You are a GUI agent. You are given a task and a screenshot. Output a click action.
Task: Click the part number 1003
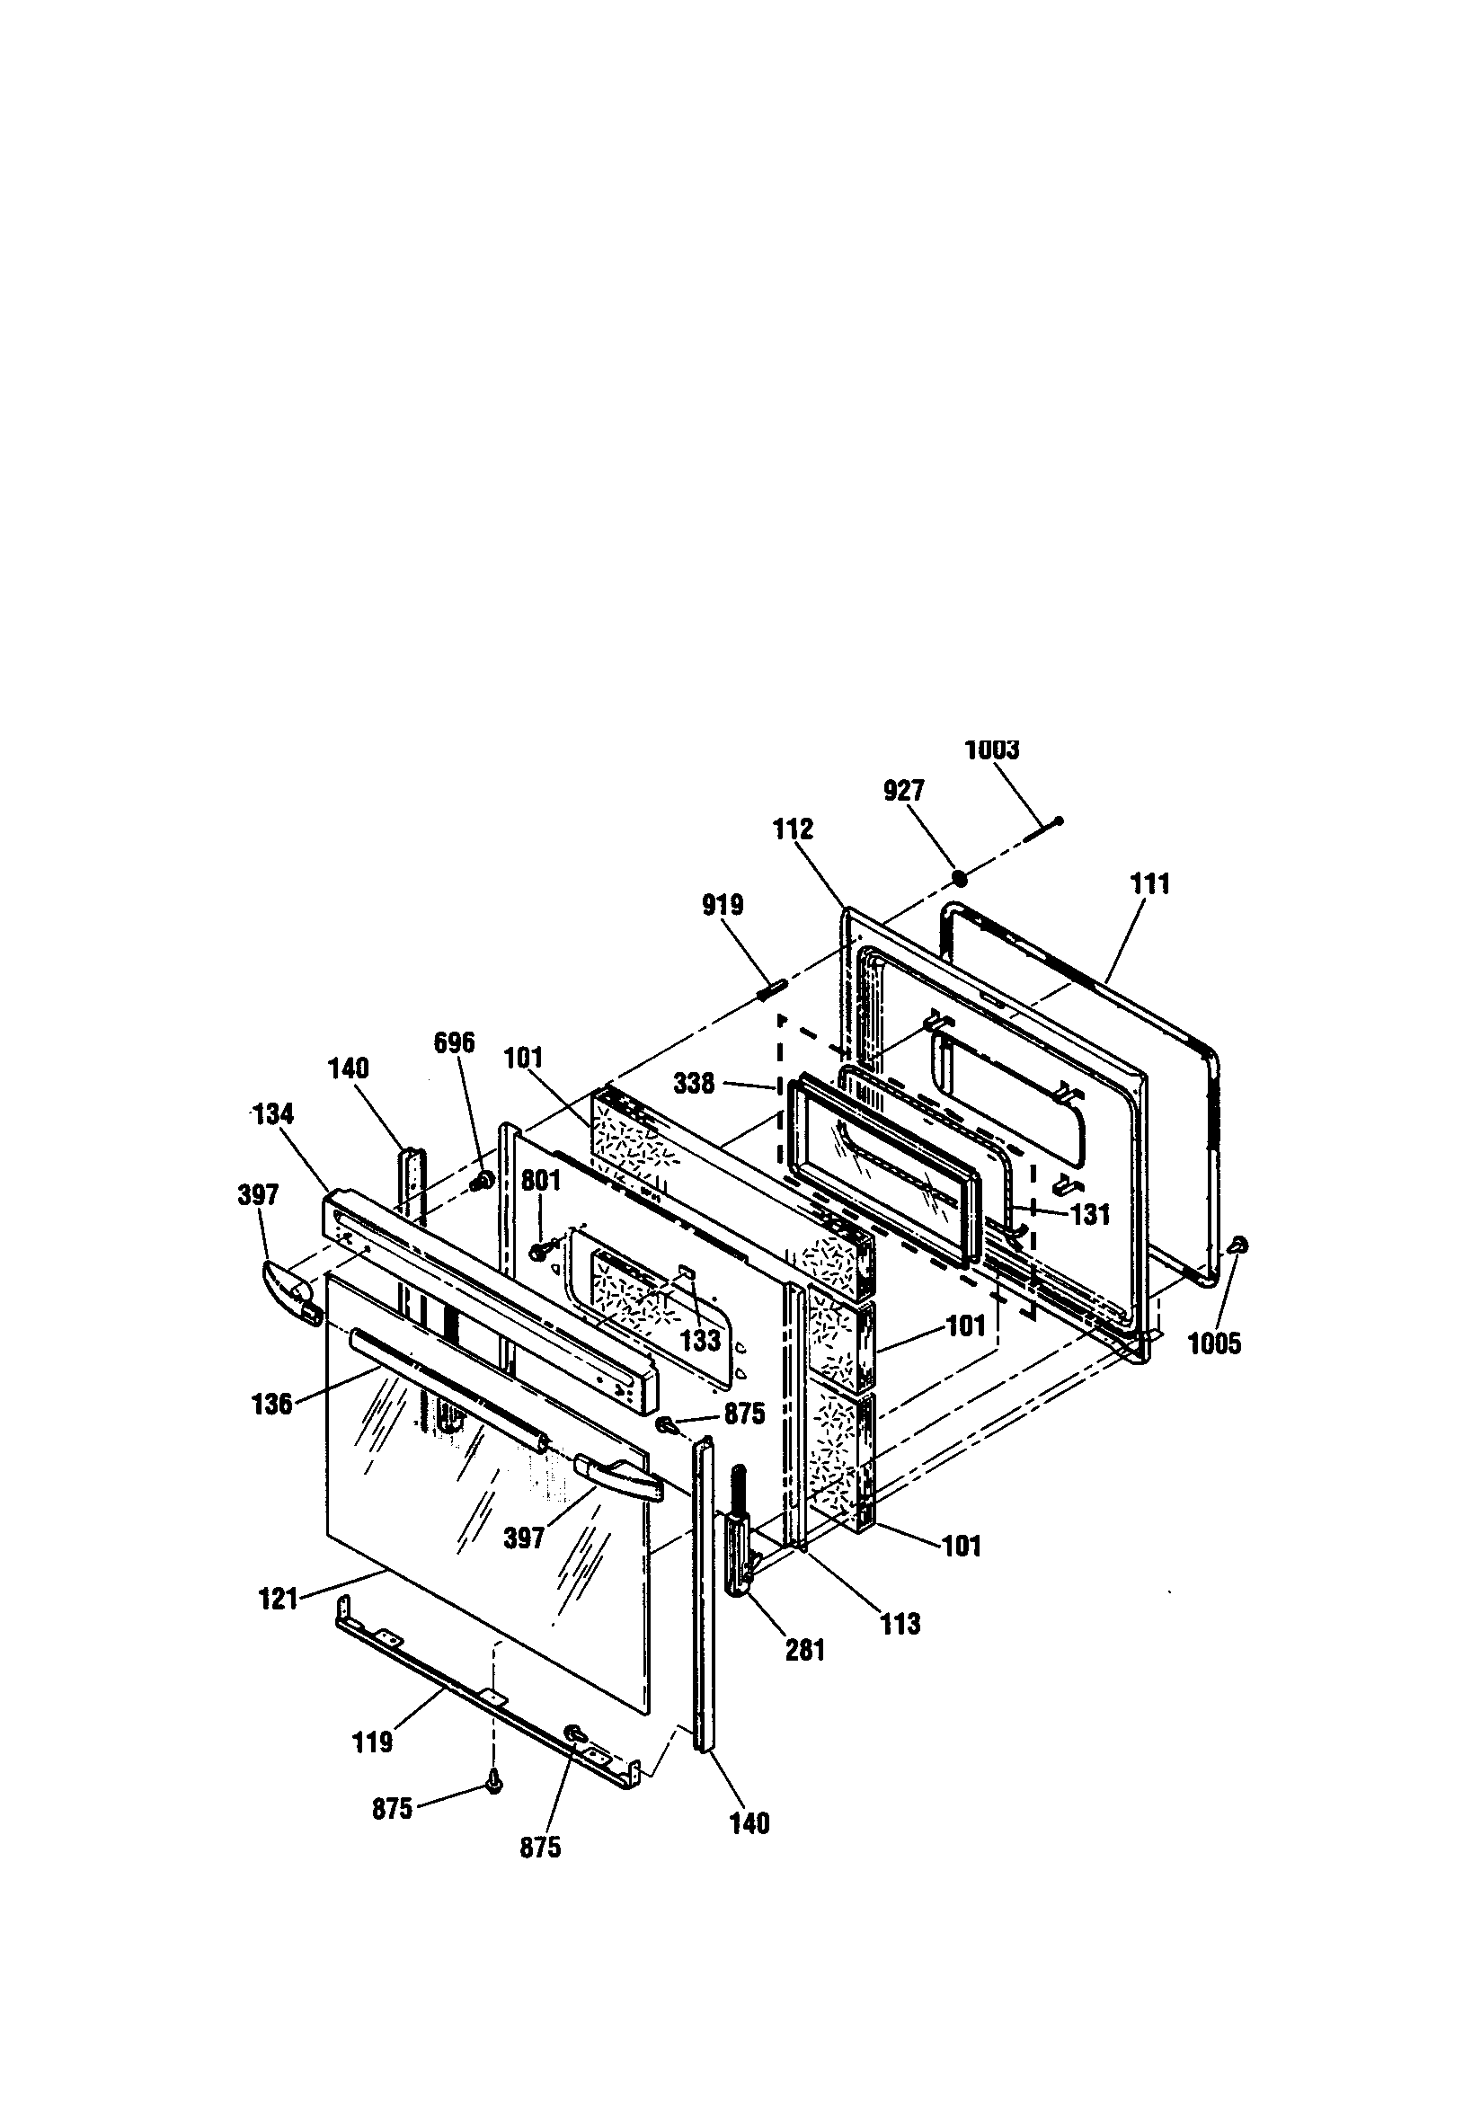(991, 750)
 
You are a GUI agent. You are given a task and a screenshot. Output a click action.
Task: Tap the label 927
(903, 791)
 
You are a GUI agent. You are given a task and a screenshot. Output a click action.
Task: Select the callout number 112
(793, 829)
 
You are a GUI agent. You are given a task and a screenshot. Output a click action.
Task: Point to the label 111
(1149, 884)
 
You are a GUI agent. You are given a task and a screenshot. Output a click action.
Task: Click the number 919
(723, 905)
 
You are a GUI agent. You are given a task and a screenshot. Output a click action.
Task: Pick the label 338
(694, 1084)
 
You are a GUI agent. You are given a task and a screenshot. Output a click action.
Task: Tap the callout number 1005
(1214, 1343)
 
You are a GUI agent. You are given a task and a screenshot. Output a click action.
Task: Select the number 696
(454, 1042)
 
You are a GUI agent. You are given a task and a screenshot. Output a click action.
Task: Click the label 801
(540, 1181)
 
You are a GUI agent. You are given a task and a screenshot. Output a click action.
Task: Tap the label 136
(272, 1404)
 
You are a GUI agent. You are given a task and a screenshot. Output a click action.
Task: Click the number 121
(279, 1599)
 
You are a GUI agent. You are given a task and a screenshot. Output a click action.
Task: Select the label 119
(373, 1742)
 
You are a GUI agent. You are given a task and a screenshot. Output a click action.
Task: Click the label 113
(900, 1624)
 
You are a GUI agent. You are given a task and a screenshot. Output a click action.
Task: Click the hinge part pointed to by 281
(738, 1547)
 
